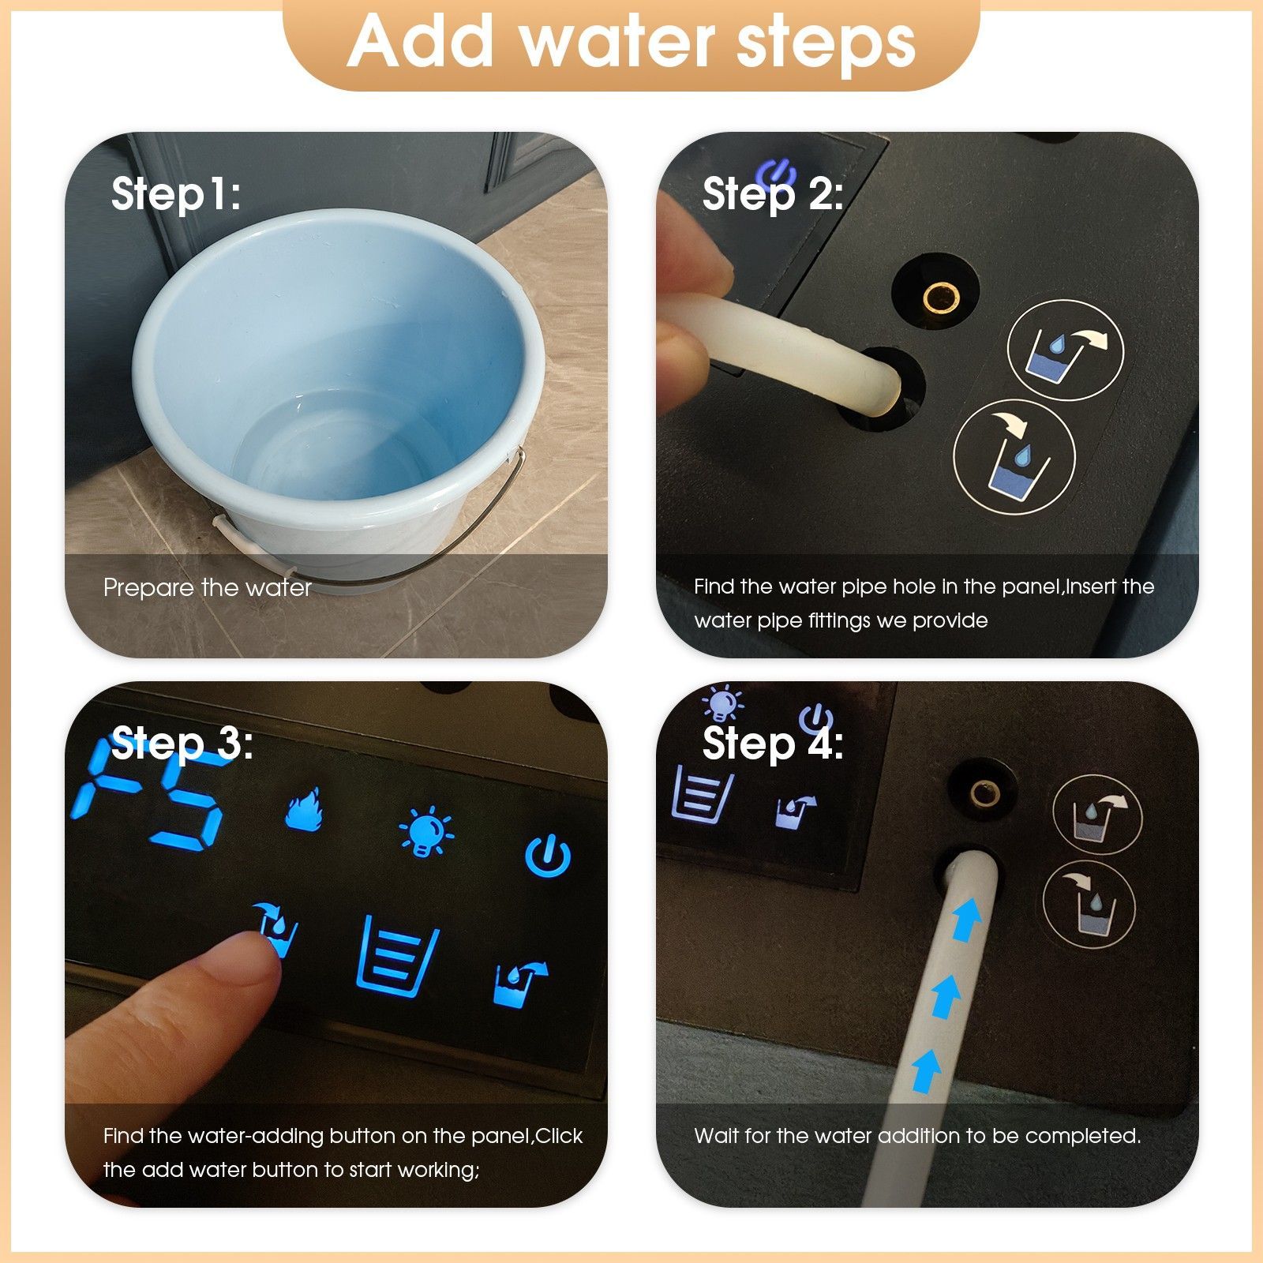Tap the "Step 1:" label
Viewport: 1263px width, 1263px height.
(176, 193)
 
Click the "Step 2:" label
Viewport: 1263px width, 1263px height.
(773, 193)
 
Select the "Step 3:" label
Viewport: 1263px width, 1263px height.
(182, 744)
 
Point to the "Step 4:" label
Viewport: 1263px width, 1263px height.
(773, 744)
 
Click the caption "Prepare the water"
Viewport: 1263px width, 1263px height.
(208, 587)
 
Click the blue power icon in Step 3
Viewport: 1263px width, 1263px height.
(548, 856)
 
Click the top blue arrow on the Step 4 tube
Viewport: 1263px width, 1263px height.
(967, 919)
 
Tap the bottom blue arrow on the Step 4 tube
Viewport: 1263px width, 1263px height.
(926, 1070)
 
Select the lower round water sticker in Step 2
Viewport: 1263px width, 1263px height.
(1014, 458)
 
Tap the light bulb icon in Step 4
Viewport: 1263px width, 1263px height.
(724, 703)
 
